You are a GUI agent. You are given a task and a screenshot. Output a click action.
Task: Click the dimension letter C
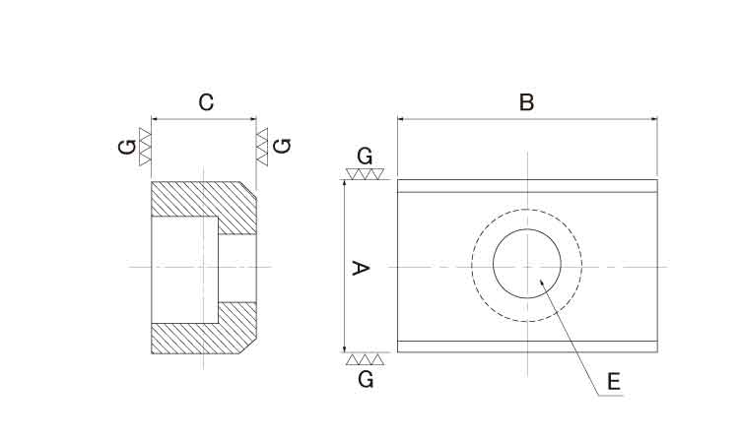(x=206, y=102)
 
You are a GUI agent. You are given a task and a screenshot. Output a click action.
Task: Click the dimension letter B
(x=526, y=102)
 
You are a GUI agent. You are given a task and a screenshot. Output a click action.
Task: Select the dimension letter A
(x=361, y=269)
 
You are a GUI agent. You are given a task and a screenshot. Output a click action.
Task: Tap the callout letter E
(x=614, y=381)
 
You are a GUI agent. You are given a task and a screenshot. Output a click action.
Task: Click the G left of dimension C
(x=127, y=147)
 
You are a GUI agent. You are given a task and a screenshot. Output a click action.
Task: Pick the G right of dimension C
(x=283, y=146)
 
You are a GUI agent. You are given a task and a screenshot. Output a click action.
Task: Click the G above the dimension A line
(x=365, y=157)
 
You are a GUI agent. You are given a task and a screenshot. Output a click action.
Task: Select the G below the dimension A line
(x=366, y=379)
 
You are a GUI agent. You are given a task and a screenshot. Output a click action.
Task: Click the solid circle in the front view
(x=493, y=264)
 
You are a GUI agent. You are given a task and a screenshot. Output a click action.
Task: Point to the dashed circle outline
(x=472, y=265)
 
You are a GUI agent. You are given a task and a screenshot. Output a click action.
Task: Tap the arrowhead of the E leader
(x=542, y=282)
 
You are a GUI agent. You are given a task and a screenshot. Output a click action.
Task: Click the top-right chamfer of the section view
(x=248, y=189)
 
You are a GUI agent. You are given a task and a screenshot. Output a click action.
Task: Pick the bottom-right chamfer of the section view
(x=248, y=346)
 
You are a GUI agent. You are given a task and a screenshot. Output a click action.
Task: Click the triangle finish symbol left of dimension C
(x=145, y=147)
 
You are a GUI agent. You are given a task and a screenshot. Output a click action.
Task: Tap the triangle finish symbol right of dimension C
(x=262, y=147)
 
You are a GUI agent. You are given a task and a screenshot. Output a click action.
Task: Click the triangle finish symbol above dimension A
(x=364, y=173)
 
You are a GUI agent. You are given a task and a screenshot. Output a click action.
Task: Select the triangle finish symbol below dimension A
(x=365, y=358)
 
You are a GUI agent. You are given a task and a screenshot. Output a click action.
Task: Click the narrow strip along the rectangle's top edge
(x=527, y=186)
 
